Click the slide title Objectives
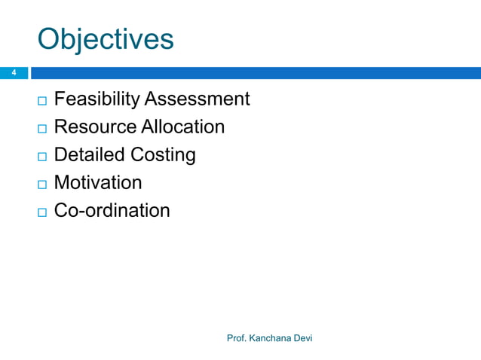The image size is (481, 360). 106,39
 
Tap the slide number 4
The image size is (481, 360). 13,73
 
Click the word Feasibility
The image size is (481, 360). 97,99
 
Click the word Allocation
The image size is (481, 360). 182,127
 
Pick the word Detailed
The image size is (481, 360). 90,154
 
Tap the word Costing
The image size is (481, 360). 164,155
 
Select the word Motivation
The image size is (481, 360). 98,182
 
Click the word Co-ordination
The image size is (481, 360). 112,210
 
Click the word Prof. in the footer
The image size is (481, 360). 237,338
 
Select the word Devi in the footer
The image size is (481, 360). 303,338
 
